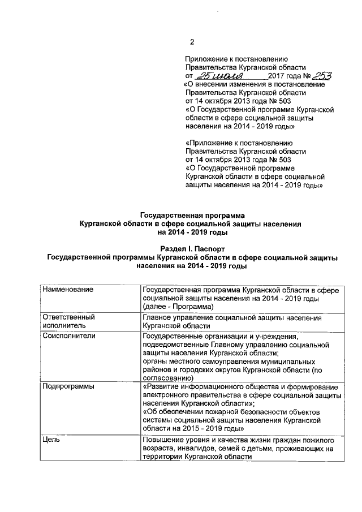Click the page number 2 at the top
[x=192, y=41]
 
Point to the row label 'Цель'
[x=51, y=439]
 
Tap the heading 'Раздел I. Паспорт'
[x=193, y=249]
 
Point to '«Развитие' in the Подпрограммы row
[x=164, y=387]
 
